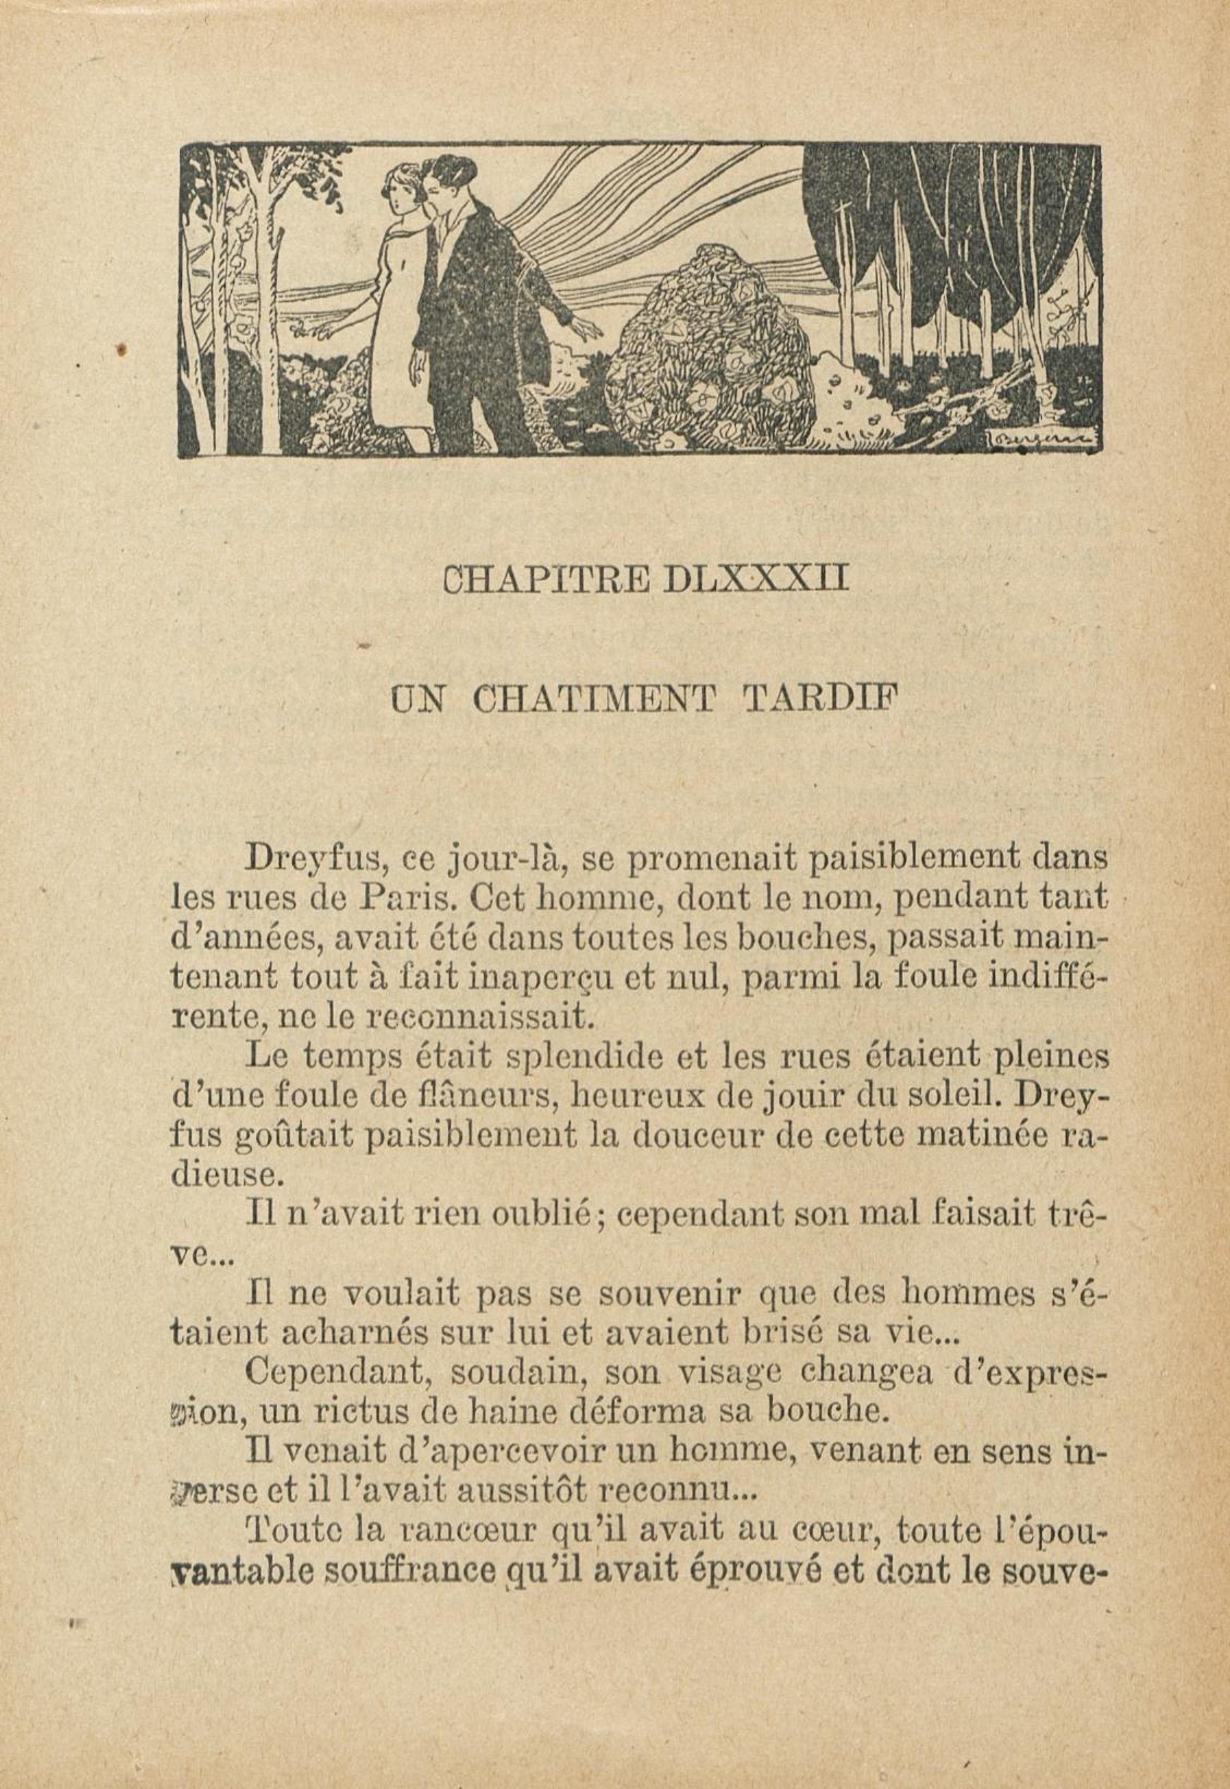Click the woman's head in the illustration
(x=401, y=193)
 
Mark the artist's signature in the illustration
(x=1040, y=441)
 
